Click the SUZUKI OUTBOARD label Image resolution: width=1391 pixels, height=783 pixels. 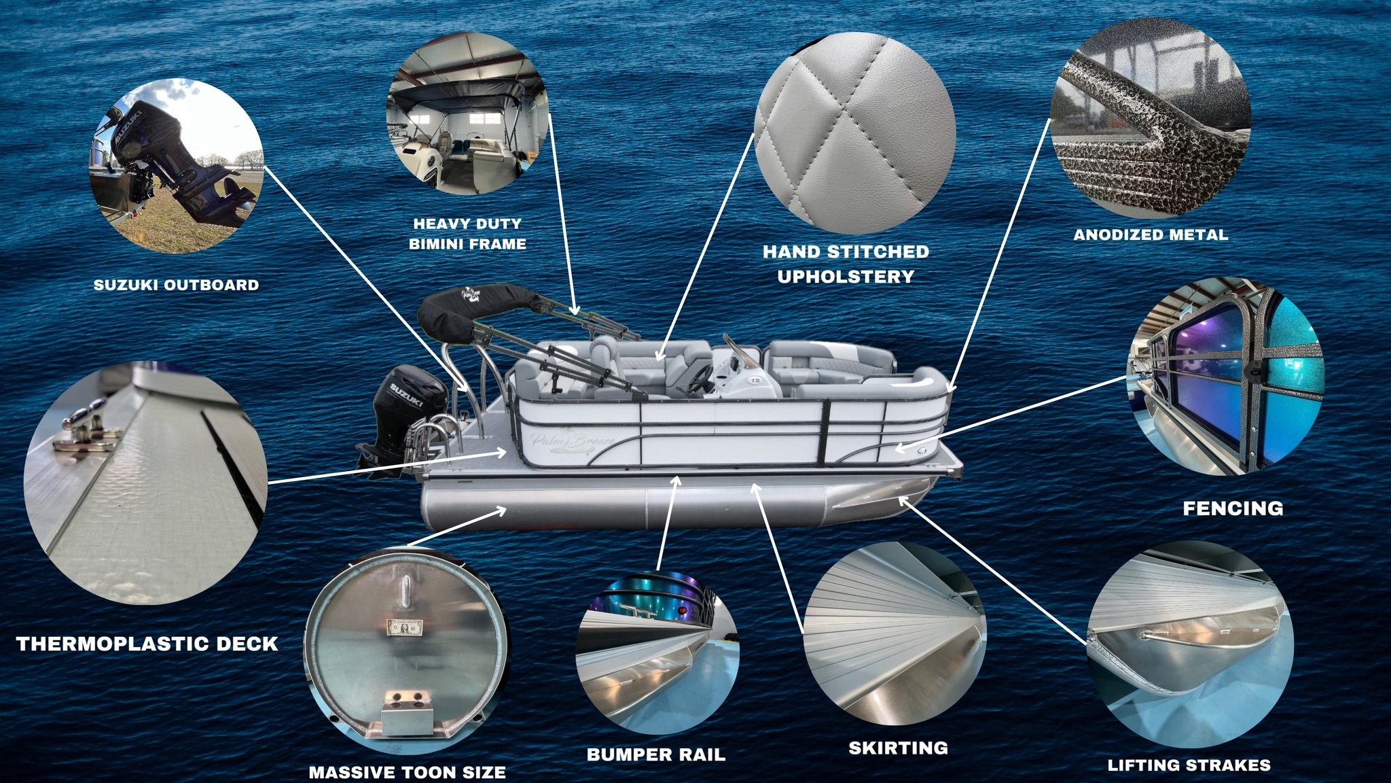pyautogui.click(x=177, y=285)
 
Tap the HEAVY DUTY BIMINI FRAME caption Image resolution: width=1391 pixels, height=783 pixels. pyautogui.click(x=467, y=234)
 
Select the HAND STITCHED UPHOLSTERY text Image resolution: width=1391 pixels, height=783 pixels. pyautogui.click(x=846, y=264)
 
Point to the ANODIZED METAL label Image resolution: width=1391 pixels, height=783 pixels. pyautogui.click(x=1151, y=235)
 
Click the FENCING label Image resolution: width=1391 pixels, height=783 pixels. pyautogui.click(x=1233, y=508)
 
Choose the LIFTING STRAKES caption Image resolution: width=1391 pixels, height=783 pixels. pyautogui.click(x=1189, y=765)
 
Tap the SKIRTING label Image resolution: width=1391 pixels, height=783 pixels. pyautogui.click(x=898, y=748)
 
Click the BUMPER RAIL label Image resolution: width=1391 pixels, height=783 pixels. pyautogui.click(x=656, y=754)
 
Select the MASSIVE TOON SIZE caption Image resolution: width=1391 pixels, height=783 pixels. pyautogui.click(x=407, y=772)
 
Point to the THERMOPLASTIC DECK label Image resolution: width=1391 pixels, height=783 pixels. pyautogui.click(x=147, y=644)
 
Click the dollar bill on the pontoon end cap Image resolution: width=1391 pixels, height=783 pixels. pyautogui.click(x=405, y=627)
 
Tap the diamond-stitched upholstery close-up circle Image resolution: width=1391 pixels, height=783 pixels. pyautogui.click(x=854, y=132)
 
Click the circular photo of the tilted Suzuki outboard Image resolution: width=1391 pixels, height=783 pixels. pyautogui.click(x=177, y=166)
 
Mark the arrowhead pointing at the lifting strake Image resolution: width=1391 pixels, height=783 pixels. pyautogui.click(x=904, y=502)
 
